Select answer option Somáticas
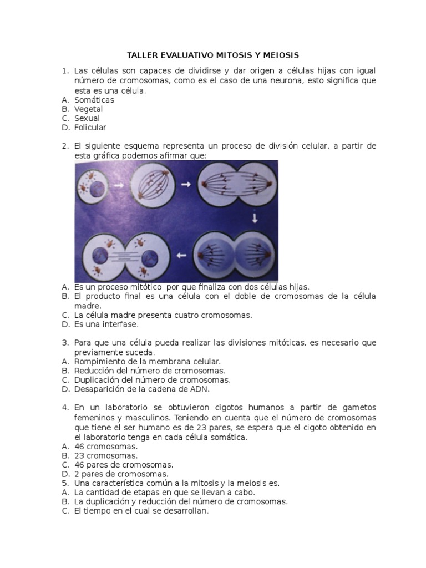pos(94,100)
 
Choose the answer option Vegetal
pos(88,109)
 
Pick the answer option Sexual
pos(87,118)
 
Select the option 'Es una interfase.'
pos(106,324)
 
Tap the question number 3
pos(64,343)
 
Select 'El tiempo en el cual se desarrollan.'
pos(141,511)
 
